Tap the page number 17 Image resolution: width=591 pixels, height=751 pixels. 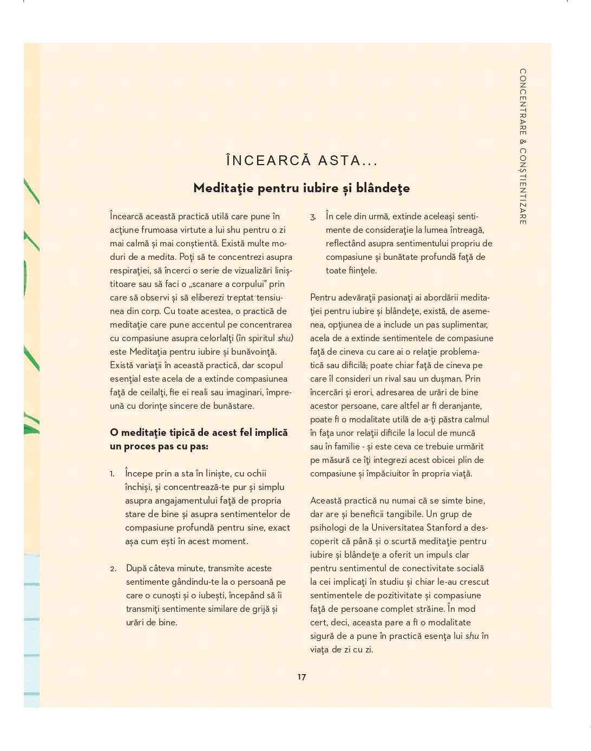tap(301, 677)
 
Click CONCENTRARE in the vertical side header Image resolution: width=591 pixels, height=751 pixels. tap(523, 103)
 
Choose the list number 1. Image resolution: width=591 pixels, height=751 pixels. tap(112, 474)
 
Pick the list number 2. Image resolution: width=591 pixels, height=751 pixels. tap(113, 569)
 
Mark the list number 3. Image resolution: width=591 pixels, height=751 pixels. tap(313, 217)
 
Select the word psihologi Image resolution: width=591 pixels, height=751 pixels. tap(329, 527)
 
